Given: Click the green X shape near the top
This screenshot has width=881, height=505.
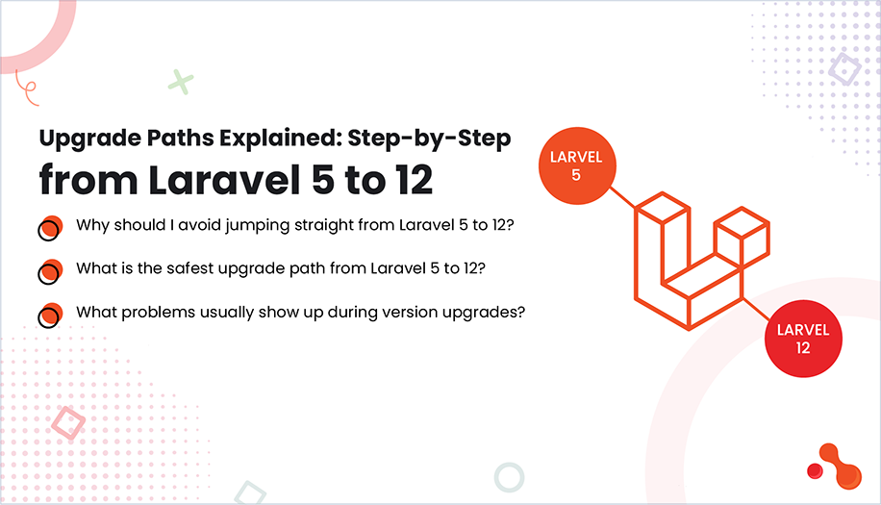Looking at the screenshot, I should click(x=180, y=82).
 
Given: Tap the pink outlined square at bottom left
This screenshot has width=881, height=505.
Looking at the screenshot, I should click(x=68, y=423).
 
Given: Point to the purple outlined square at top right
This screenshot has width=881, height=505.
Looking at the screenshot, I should click(x=844, y=68).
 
